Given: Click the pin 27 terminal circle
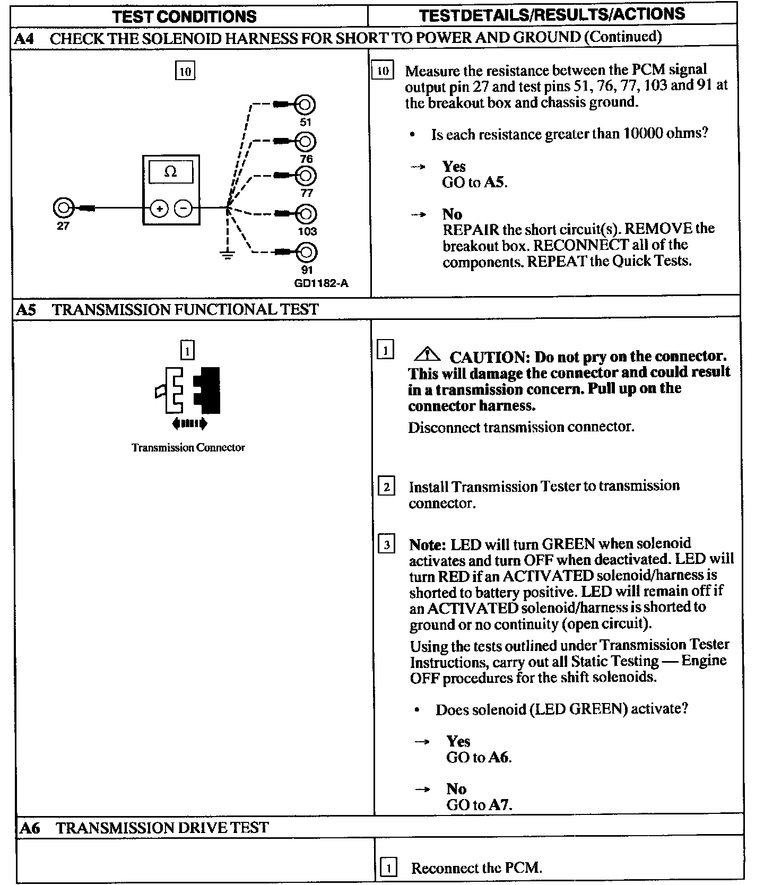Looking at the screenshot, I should [x=63, y=208].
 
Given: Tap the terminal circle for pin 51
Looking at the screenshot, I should [x=306, y=105].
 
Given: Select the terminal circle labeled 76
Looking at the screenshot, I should [x=306, y=142].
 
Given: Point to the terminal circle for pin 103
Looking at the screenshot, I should [x=306, y=214].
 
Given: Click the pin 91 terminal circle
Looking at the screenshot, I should [x=306, y=251].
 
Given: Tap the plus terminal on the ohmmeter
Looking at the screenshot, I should [x=159, y=209].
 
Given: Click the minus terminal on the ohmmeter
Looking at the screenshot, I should [x=184, y=209].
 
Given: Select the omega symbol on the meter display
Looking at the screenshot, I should [x=170, y=172].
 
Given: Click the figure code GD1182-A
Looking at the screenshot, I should [x=322, y=283].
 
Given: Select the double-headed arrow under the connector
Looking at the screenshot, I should [x=189, y=423].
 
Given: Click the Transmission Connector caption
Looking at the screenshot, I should [x=188, y=447].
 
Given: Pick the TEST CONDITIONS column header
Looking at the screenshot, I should [x=184, y=16].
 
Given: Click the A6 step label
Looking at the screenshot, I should [x=30, y=828].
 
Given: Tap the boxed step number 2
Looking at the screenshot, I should [x=386, y=487].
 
